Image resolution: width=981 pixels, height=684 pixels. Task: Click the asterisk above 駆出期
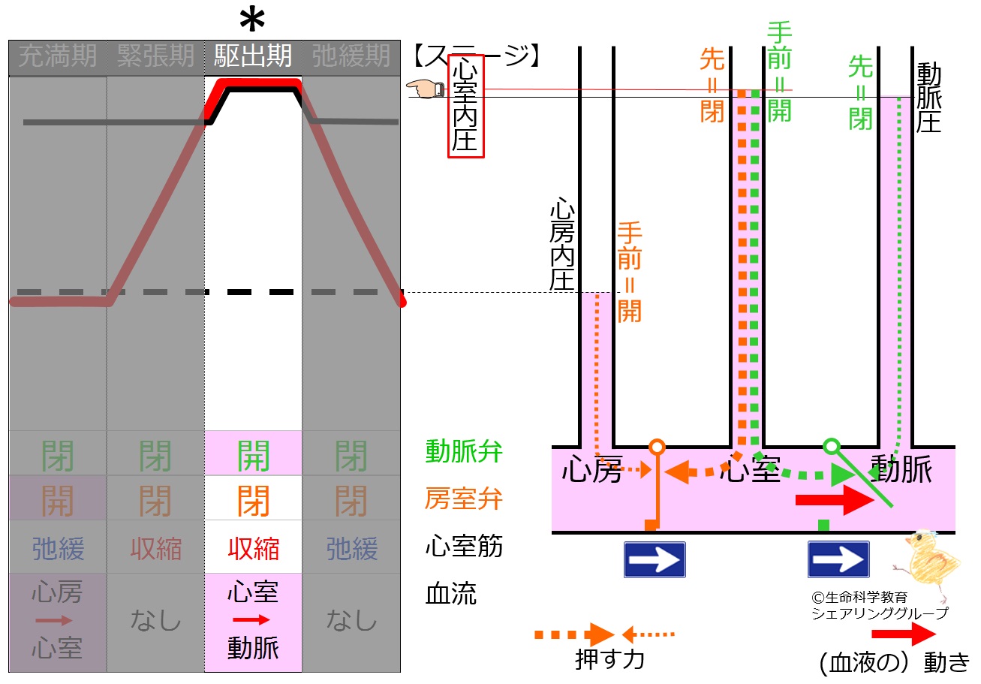tap(252, 20)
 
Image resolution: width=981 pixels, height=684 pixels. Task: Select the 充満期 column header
tap(57, 56)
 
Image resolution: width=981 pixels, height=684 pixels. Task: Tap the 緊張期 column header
tap(155, 56)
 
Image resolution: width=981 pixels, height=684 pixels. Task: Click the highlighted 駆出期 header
tap(253, 56)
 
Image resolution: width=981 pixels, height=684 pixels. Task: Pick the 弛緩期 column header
tap(351, 56)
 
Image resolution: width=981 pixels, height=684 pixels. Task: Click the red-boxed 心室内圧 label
tap(465, 106)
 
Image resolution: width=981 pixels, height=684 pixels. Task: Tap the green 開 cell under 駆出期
tap(253, 456)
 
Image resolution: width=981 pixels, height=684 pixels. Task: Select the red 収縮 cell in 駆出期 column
tap(253, 549)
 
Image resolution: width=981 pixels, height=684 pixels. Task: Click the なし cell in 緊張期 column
tap(155, 620)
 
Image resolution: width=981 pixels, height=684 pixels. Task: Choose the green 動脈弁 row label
tap(464, 451)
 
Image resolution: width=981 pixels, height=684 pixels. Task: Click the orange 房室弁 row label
tap(464, 499)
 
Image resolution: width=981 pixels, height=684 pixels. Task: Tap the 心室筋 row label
tap(464, 546)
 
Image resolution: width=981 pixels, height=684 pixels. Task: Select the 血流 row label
tap(450, 594)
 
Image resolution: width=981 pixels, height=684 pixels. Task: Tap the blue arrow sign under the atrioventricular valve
tap(655, 560)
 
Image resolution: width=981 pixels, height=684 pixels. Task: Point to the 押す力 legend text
tap(609, 659)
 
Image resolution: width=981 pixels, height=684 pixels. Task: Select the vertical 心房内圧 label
tap(562, 243)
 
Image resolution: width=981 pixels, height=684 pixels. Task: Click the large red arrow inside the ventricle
tap(835, 500)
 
